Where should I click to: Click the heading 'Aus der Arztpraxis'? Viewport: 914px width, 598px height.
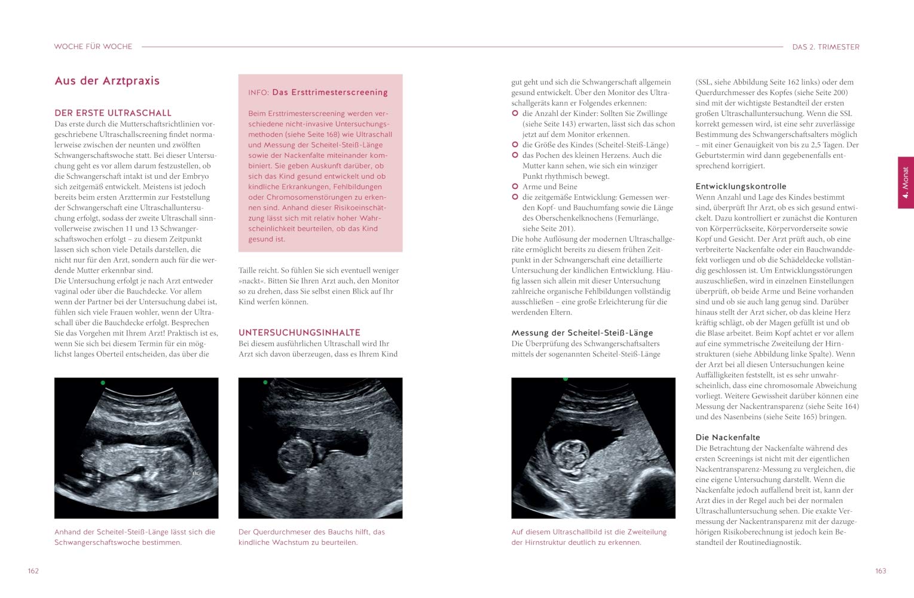(107, 81)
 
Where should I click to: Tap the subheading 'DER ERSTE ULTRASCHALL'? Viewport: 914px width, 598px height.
(113, 112)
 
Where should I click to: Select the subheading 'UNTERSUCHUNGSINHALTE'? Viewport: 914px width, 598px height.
(299, 332)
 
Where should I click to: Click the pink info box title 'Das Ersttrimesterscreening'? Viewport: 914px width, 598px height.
(329, 92)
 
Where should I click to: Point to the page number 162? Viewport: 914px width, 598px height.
(33, 571)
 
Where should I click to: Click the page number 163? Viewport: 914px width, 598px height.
(881, 571)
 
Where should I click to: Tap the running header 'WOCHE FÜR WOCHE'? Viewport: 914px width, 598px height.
(93, 47)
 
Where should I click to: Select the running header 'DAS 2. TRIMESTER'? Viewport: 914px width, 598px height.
(826, 47)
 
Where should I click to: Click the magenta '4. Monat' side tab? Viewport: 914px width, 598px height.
(906, 182)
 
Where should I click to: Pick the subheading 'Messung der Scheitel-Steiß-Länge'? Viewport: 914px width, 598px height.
(582, 333)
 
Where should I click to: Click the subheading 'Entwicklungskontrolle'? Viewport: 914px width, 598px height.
(741, 187)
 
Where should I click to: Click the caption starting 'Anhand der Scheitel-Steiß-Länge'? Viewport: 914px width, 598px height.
(134, 537)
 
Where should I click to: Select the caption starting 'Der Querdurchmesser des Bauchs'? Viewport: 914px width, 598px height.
(311, 537)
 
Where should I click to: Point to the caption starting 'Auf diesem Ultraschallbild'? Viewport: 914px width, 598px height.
(589, 537)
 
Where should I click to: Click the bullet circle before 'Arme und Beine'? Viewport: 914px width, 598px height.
(515, 187)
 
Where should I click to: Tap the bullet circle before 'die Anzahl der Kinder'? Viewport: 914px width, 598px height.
(515, 114)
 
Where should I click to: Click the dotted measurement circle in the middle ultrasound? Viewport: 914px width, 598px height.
(297, 457)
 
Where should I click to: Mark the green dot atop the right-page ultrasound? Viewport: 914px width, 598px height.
(565, 379)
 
